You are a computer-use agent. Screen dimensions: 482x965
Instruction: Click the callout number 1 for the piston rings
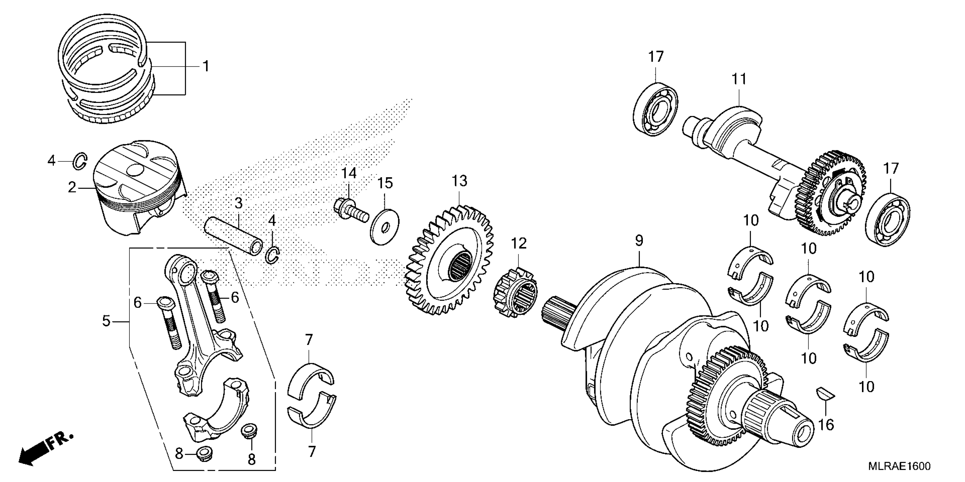pyautogui.click(x=205, y=67)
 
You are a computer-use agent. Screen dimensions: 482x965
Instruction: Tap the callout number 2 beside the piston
pyautogui.click(x=72, y=187)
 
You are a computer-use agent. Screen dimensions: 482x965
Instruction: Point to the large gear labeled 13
pyautogui.click(x=450, y=262)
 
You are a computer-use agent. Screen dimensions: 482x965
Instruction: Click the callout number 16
pyautogui.click(x=826, y=425)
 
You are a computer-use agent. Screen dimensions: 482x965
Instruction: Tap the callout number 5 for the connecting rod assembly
pyautogui.click(x=106, y=321)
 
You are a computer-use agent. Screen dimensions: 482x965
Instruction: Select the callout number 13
pyautogui.click(x=459, y=181)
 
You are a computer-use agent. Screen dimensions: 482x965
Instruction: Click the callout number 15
pyautogui.click(x=385, y=183)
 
